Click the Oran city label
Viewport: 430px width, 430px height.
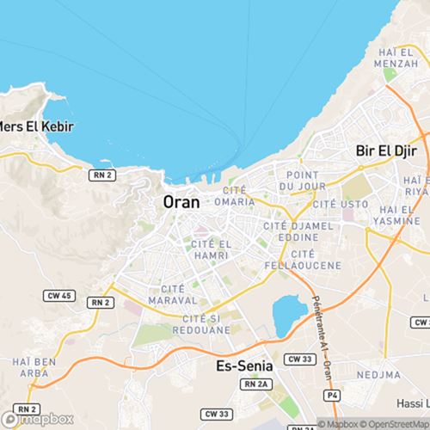pos(181,203)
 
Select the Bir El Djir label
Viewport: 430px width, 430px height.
pos(385,150)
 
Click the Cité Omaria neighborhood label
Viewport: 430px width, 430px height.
pos(238,195)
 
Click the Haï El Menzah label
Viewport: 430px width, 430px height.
pos(396,60)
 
